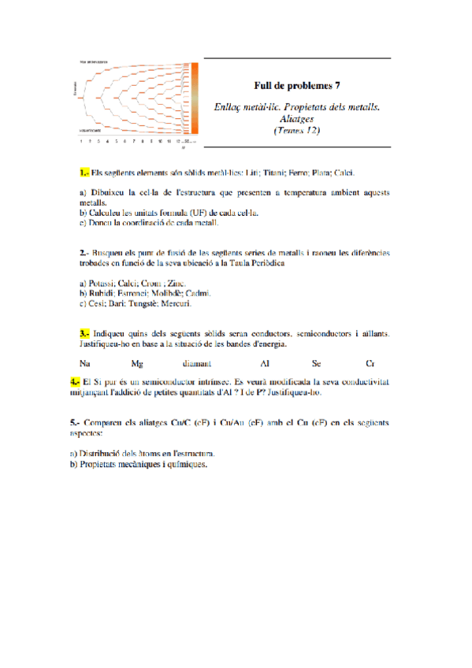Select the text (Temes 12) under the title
tap(297, 131)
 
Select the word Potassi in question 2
tap(102, 282)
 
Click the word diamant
tap(196, 364)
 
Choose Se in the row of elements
tap(316, 364)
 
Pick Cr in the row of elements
tap(370, 364)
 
